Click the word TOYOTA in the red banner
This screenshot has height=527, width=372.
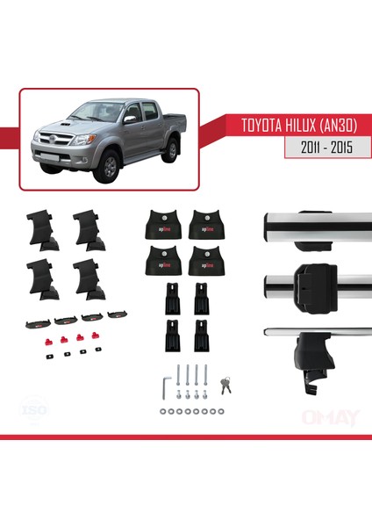pos(244,126)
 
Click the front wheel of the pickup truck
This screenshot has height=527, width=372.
pos(110,165)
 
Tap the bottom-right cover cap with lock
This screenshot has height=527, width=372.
pos(205,261)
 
